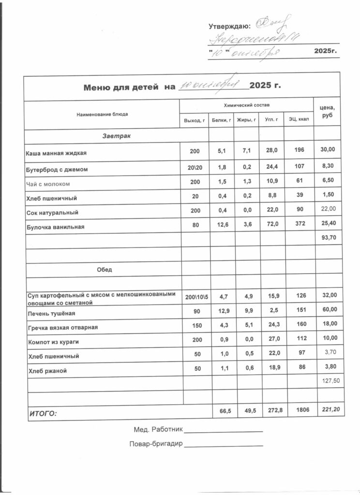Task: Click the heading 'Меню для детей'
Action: click(121, 87)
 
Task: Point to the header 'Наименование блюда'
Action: click(102, 115)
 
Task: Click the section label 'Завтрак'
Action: click(117, 137)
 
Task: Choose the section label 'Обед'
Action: click(105, 270)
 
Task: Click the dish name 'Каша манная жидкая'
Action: click(56, 153)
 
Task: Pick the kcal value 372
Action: click(299, 225)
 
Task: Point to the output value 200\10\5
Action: click(196, 295)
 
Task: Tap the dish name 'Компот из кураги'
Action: click(53, 342)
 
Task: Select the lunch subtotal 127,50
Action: click(330, 381)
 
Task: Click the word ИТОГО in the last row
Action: click(43, 413)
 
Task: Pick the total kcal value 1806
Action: click(299, 410)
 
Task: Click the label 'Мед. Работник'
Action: click(157, 429)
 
